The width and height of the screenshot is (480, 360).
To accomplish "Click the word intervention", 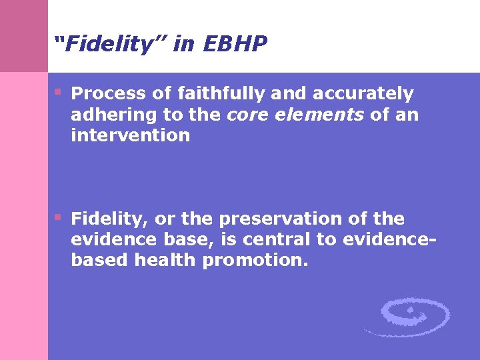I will coord(130,135).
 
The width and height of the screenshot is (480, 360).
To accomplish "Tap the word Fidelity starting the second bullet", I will coord(109,219).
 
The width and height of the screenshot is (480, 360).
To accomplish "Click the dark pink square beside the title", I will coord(24,36).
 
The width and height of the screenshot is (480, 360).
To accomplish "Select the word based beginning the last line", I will coord(99,261).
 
